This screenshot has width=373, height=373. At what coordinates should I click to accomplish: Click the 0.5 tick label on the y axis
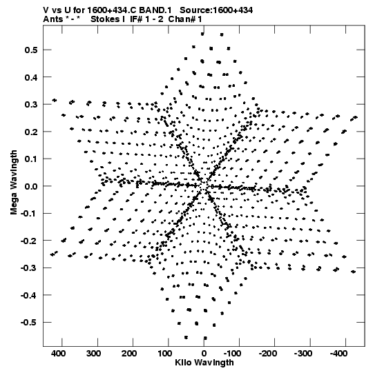(x=31, y=50)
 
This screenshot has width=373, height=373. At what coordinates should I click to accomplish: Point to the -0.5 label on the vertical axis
(x=29, y=323)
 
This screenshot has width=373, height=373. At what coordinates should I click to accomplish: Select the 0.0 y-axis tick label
(x=31, y=186)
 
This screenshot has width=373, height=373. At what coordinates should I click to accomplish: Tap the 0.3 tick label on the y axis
(x=31, y=105)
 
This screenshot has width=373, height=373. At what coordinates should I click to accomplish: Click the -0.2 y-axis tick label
(x=29, y=241)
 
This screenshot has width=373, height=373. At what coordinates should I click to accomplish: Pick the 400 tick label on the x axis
(x=59, y=354)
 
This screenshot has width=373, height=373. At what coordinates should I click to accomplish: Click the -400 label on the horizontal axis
(x=339, y=354)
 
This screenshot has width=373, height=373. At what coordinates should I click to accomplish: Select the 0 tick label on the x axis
(x=204, y=354)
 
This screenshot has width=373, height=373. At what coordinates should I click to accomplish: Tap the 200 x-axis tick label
(x=129, y=354)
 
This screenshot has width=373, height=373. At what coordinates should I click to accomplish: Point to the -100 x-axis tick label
(x=232, y=354)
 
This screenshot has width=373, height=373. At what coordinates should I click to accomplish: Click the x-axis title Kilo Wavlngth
(x=204, y=363)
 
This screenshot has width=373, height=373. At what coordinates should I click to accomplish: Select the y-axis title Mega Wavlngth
(x=14, y=183)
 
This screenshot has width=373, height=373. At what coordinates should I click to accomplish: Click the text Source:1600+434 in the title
(x=216, y=10)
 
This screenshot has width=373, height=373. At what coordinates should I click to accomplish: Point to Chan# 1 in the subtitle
(x=185, y=19)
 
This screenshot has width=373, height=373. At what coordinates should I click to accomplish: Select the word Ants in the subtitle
(x=53, y=19)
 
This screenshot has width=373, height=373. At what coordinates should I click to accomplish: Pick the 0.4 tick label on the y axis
(x=31, y=77)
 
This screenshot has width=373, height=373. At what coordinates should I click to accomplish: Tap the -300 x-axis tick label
(x=303, y=354)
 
